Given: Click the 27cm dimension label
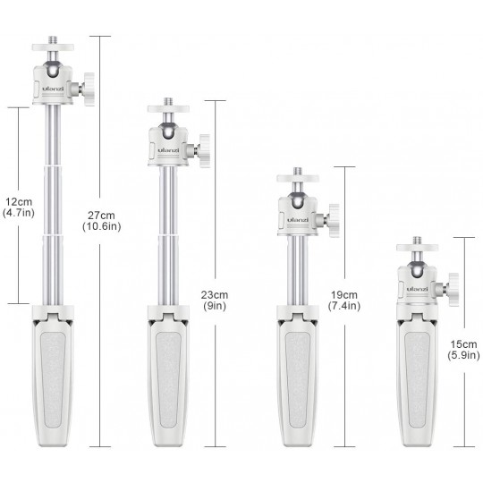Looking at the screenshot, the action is tap(101, 216).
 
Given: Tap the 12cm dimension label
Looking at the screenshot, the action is tap(19, 202).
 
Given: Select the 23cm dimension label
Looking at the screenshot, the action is tap(215, 295).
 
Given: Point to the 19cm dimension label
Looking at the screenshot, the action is tap(344, 295).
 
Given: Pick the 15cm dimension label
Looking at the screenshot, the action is tap(463, 344).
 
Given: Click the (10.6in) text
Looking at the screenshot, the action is tap(102, 226).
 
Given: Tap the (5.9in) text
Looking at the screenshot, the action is tap(463, 355).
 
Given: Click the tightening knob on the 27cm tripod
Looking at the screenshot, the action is tap(89, 89).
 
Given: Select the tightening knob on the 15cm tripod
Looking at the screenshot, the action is tap(453, 290).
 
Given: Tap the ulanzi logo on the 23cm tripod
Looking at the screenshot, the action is tap(168, 150).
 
